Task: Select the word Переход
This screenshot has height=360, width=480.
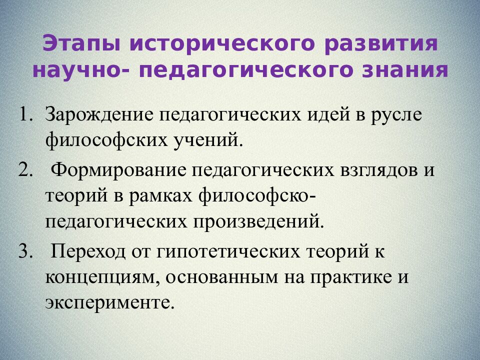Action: [x=88, y=251]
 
